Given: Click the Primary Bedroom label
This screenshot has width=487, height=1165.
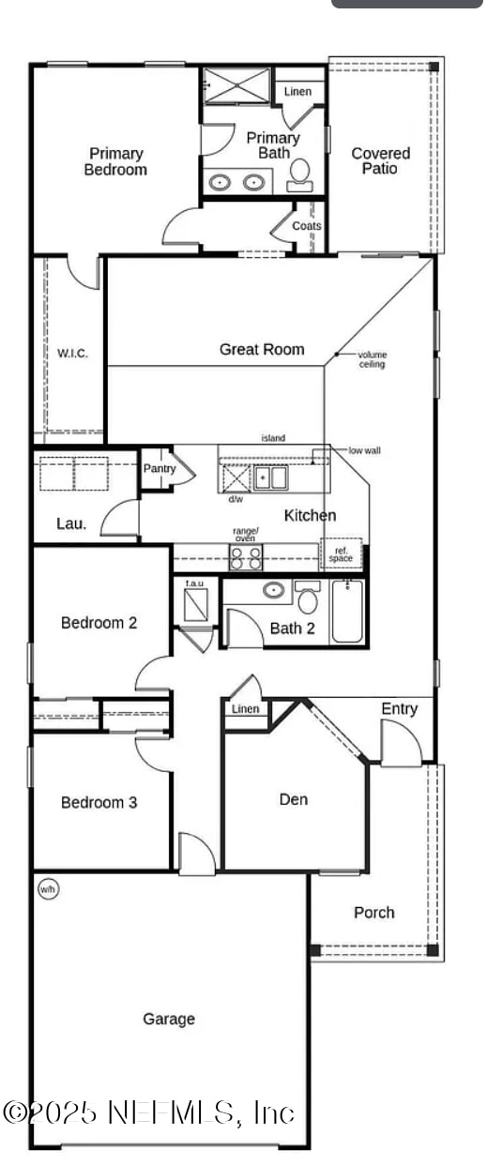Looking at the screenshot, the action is pos(115,161).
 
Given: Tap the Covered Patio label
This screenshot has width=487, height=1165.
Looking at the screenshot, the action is pos(380,160).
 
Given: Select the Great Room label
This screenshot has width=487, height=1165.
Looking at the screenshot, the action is pos(262,350).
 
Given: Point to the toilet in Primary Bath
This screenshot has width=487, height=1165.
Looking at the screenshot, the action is pos(299,175).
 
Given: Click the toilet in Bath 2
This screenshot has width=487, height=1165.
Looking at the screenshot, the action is pos(308,597).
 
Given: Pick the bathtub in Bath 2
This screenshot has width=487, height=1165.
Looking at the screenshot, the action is pos(347,612).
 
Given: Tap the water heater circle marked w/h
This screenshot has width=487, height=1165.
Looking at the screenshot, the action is pos(47,889).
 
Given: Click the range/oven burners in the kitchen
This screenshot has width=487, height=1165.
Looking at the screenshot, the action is pos(246,557).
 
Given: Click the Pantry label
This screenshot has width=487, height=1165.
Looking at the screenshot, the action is pos(160,468).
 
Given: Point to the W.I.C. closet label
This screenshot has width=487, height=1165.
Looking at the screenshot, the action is pos(72,354).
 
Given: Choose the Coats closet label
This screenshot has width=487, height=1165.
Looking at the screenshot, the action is pos(307,226).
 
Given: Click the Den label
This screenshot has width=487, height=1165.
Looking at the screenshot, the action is pos(294,799).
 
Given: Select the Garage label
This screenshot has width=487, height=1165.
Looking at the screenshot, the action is pos(169,1019).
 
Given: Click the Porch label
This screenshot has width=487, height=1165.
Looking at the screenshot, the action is pos(374,913).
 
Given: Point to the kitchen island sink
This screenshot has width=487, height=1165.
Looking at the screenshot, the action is pos(270,477).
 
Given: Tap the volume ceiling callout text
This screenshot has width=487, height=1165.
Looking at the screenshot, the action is pos(372,359).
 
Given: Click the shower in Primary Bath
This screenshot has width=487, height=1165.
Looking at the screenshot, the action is pos(237,85).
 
